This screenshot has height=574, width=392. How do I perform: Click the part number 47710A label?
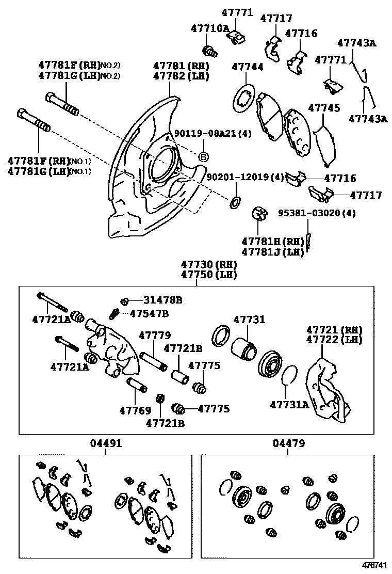tap(209, 28)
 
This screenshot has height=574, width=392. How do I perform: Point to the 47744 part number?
tap(247, 67)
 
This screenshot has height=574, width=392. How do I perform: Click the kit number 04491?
tap(106, 443)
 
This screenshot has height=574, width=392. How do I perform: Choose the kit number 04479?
tap(289, 443)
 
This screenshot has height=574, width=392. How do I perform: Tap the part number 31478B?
tap(162, 300)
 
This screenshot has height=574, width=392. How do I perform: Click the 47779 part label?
tap(155, 336)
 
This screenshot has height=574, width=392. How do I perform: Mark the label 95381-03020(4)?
tap(317, 213)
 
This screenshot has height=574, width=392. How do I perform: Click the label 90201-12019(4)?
tap(246, 177)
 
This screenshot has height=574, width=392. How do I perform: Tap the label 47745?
tap(324, 108)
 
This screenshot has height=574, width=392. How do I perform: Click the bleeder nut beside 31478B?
tap(124, 301)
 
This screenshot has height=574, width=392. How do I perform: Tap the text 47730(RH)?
tap(208, 264)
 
